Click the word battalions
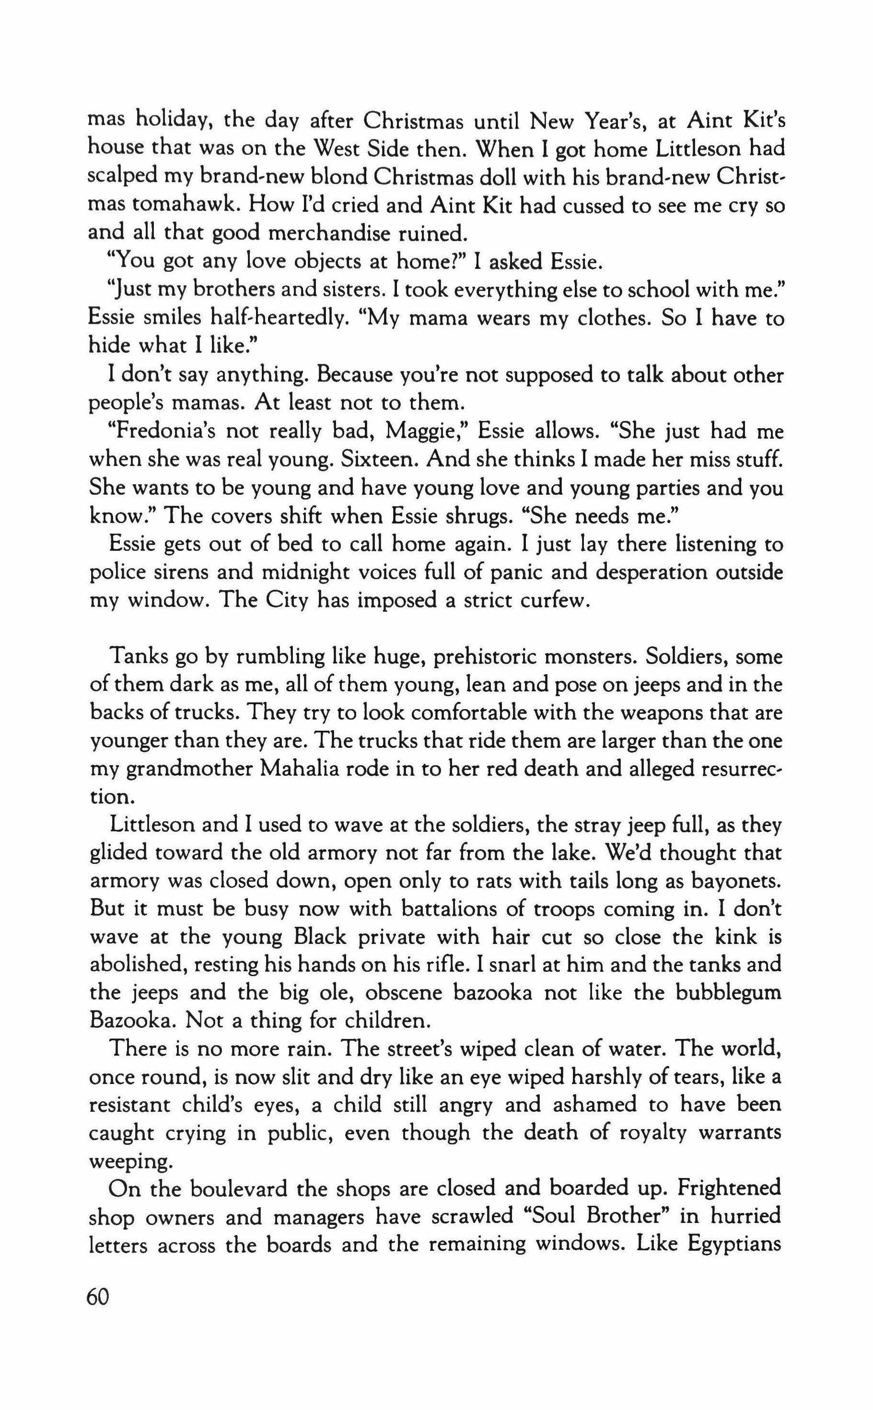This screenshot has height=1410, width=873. point(455,909)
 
